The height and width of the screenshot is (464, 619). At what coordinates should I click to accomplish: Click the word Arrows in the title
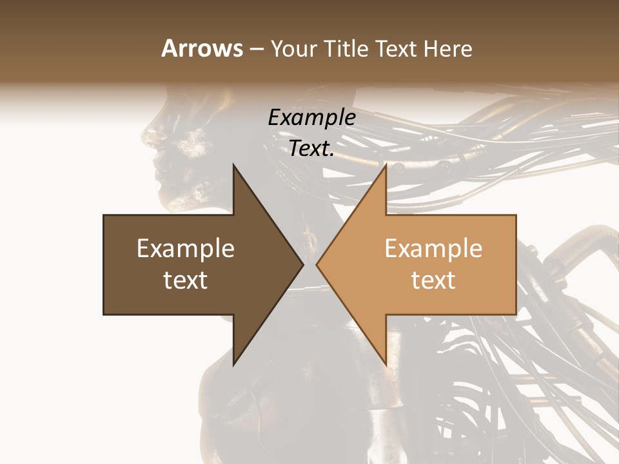click(202, 49)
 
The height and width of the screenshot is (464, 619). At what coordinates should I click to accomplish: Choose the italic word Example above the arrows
click(312, 118)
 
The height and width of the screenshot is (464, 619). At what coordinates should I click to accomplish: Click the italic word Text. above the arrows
click(312, 149)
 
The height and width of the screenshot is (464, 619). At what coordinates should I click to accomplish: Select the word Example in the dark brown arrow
click(186, 249)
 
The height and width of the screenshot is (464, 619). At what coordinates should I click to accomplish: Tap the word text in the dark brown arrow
click(186, 281)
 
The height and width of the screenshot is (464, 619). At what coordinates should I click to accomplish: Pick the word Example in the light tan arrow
click(433, 249)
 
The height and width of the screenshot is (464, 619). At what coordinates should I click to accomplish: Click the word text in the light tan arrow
click(433, 281)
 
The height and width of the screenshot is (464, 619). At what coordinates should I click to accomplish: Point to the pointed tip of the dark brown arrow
click(303, 264)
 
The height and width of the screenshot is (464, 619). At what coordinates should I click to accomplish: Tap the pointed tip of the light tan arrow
click(317, 264)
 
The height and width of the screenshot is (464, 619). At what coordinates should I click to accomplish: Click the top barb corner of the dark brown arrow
click(233, 164)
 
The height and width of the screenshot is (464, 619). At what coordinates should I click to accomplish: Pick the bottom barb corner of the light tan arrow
click(386, 365)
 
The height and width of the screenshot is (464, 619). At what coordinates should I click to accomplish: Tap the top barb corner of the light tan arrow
click(386, 164)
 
